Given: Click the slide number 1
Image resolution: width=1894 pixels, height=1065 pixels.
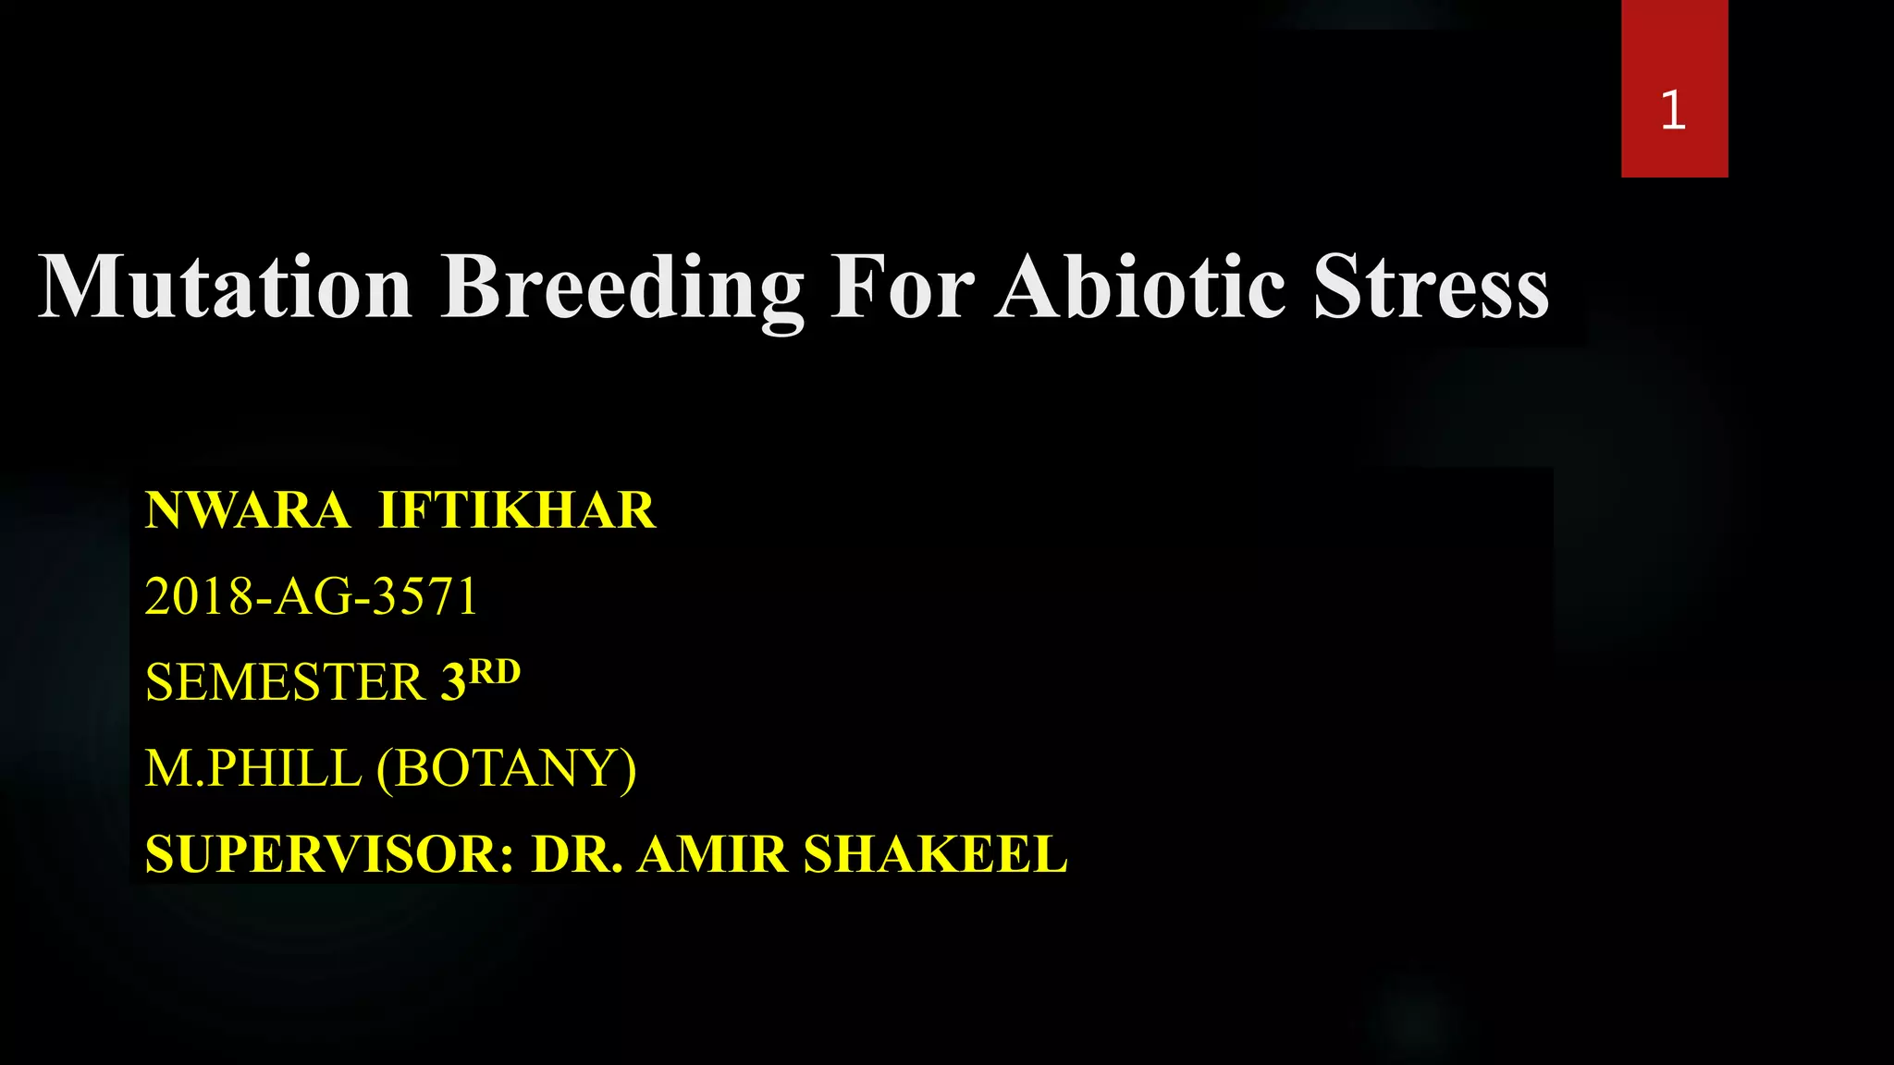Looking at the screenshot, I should pos(1673,111).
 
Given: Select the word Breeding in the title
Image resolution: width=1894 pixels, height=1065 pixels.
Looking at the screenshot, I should pos(621,288).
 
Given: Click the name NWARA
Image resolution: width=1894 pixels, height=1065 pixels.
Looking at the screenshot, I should pos(247,510).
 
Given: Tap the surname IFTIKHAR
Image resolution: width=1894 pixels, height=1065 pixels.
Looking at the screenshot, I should pos(517,510).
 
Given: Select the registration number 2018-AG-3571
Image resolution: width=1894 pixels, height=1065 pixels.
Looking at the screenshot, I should pos(311,596).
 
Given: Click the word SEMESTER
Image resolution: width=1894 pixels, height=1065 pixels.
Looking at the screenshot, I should pos(285,682).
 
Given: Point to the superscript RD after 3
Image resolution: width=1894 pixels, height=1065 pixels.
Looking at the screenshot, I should pos(495,670).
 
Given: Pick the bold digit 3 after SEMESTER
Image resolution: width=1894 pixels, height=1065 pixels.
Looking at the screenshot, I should pos(453,682).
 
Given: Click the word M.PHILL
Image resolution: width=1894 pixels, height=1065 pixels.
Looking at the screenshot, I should pos(252,768).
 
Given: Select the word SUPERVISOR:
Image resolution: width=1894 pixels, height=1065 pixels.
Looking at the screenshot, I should pos(329,854).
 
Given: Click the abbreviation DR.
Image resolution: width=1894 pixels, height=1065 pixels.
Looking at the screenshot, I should pos(576,854).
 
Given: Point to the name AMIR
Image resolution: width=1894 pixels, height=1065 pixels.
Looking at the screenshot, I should pos(712,854).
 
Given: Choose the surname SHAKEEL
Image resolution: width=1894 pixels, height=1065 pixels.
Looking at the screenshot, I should pos(935,854).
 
